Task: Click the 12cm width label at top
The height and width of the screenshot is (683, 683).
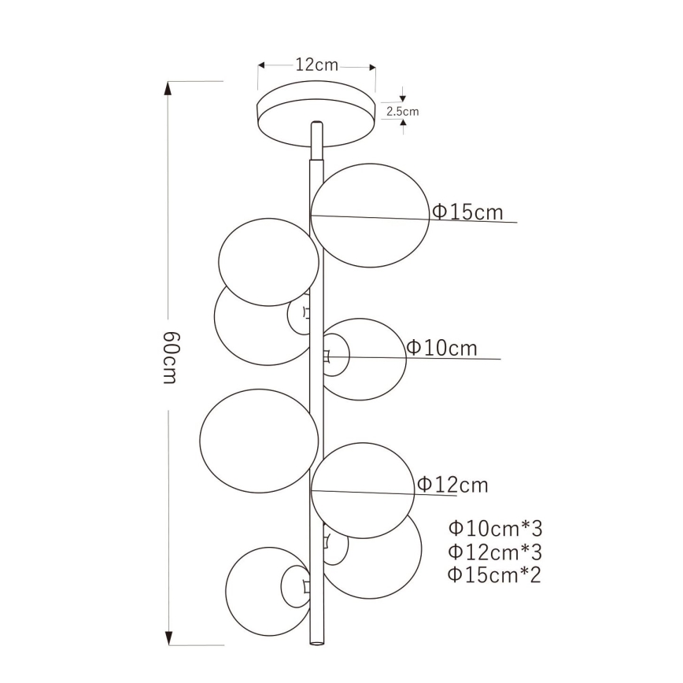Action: tap(316, 65)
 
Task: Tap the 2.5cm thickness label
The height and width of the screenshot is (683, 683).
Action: tap(402, 112)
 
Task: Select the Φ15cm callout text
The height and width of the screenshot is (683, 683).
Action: tap(467, 212)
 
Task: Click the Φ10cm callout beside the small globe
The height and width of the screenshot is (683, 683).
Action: tap(442, 348)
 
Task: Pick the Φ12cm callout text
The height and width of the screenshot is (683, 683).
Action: tap(452, 485)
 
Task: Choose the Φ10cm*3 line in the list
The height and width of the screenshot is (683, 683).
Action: tap(495, 527)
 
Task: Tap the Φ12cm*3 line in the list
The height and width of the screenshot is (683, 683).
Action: tap(495, 551)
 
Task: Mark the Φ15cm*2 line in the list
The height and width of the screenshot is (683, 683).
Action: tap(495, 574)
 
